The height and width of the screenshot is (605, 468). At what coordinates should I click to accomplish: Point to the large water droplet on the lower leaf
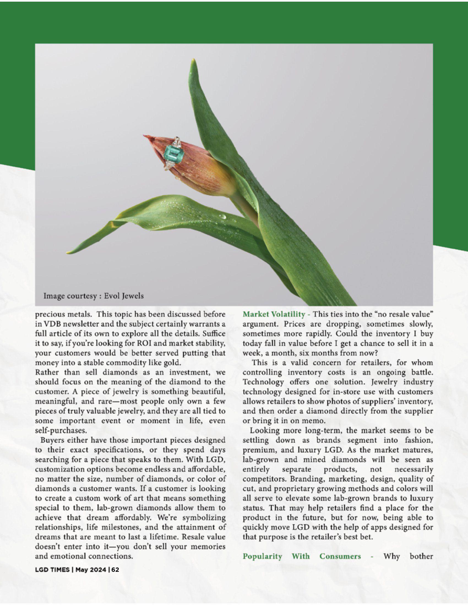pos(222,216)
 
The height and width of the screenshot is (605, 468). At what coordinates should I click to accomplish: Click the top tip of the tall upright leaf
pos(194,61)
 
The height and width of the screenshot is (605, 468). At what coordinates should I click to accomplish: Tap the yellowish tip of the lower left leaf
pos(69,252)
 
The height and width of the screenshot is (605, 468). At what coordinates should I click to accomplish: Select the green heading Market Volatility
pos(274,314)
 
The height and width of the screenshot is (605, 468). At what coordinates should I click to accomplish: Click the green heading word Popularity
pos(262,556)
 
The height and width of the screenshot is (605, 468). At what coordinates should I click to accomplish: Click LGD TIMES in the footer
pos(52,570)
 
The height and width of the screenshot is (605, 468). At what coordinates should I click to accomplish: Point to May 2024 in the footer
pos(91,570)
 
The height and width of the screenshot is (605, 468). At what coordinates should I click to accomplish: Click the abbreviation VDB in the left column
pos(49,324)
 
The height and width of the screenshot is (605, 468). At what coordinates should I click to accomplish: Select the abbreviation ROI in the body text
pos(144,343)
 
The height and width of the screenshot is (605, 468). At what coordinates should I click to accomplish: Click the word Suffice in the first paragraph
pos(214,334)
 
